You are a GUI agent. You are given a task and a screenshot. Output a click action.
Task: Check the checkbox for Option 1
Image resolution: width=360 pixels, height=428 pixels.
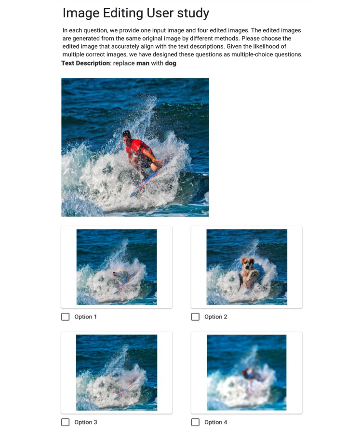point(65,317)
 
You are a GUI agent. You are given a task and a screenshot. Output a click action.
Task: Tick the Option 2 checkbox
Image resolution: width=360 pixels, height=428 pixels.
point(195,317)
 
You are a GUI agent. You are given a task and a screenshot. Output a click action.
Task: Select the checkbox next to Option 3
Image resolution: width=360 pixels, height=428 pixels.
point(65,422)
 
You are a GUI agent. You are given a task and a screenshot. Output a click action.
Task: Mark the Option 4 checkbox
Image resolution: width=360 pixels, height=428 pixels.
point(195,422)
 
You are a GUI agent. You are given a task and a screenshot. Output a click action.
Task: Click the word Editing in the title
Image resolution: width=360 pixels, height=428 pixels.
point(123,13)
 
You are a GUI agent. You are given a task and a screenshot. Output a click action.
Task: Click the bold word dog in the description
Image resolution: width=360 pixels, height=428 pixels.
point(171,63)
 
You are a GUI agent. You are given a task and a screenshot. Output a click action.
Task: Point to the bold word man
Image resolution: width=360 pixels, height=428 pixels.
point(143,63)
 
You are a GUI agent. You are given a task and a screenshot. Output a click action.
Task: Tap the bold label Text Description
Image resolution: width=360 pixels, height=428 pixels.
point(85,63)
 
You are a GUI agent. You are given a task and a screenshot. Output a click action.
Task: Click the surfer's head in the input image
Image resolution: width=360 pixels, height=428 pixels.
point(127,135)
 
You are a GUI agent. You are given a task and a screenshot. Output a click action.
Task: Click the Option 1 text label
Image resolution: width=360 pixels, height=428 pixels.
point(85,317)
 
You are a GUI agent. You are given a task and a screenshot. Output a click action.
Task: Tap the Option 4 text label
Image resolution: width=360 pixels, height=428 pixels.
point(215,422)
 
